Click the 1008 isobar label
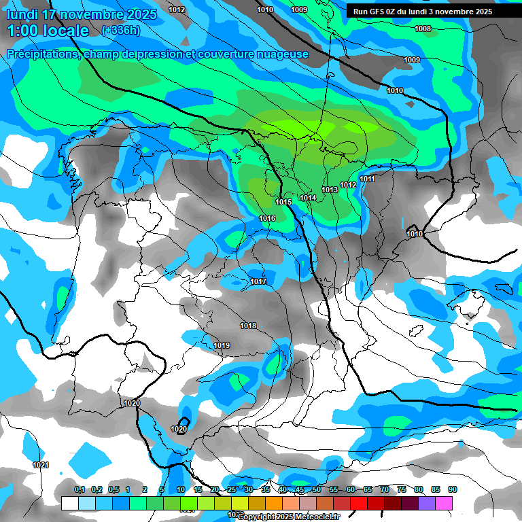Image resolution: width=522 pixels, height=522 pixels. tap(423, 29)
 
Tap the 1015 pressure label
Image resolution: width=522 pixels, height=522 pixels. tap(284, 202)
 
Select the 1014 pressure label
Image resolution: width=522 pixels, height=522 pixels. tap(309, 198)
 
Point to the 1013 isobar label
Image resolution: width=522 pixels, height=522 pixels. tap(330, 190)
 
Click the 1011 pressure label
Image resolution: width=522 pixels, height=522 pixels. tap(368, 179)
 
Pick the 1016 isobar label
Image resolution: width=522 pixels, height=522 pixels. tap(268, 218)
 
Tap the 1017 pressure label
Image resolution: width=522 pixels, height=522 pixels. tap(258, 281)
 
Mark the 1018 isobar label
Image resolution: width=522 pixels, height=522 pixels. tap(248, 326)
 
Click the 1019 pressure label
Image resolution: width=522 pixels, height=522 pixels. tap(222, 345)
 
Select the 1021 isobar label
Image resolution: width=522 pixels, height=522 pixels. tap(41, 465)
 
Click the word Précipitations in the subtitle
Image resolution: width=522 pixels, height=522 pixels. tap(42, 54)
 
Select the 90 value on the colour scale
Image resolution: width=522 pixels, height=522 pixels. tap(452, 489)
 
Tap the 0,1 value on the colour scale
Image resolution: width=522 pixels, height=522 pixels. tap(80, 489)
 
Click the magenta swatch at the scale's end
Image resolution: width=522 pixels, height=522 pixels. tap(444, 503)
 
